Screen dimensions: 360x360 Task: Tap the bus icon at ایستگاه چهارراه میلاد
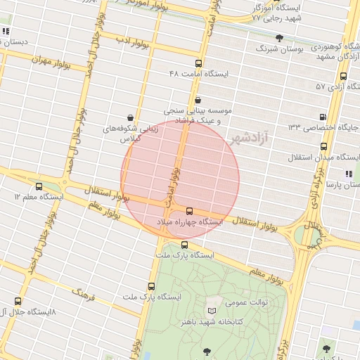[x=189, y=210]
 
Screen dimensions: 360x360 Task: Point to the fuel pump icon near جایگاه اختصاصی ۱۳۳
[x=323, y=117]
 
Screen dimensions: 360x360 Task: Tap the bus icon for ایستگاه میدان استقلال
[x=323, y=146]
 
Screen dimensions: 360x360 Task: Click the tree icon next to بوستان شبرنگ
[x=279, y=37]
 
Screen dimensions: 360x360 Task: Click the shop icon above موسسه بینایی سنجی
[x=198, y=100]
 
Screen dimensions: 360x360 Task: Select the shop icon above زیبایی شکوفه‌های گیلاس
[x=130, y=117]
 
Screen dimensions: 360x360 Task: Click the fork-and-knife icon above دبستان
[x=6, y=31]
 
